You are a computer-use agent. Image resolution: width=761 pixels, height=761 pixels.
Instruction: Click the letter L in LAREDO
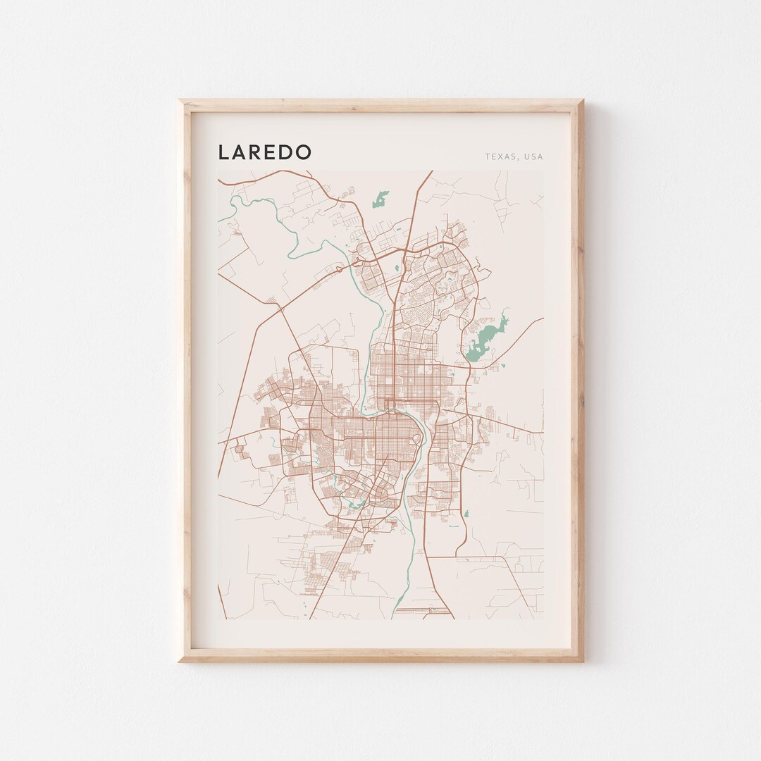coord(224,152)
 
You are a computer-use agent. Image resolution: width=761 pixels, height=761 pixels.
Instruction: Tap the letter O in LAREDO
coord(303,152)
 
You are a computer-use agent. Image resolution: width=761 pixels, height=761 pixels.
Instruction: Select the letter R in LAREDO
coord(257,152)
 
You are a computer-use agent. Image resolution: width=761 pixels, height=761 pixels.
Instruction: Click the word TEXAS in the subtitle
coord(499,156)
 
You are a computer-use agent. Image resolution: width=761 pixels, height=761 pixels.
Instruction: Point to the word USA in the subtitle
coord(534,156)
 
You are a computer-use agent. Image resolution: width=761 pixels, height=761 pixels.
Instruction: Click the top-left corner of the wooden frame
coord(180,101)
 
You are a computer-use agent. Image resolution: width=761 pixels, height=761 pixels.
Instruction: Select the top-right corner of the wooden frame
coord(582,101)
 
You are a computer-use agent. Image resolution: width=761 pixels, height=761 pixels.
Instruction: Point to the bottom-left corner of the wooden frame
coord(180,660)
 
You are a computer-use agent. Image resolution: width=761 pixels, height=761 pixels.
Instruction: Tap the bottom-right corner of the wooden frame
coord(582,660)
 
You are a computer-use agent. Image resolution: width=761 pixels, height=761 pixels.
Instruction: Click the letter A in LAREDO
coord(240,152)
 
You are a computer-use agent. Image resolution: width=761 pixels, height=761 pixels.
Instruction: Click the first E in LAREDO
coord(272,152)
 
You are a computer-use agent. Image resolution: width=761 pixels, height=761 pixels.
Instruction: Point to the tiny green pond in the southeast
coord(466,513)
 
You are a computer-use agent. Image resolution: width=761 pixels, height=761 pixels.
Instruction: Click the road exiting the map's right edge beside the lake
coord(543,318)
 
